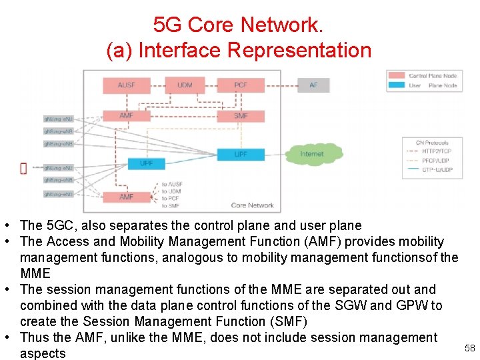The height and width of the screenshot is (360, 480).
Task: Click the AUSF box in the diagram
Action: [127, 85]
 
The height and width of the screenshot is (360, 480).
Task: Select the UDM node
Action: [185, 85]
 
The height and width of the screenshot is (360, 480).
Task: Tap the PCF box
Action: [241, 85]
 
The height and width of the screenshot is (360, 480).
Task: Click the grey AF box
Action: [314, 85]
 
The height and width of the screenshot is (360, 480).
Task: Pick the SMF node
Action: [241, 116]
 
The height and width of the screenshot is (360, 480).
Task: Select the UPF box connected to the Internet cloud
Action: [241, 154]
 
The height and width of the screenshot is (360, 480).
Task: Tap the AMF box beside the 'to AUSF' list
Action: [127, 197]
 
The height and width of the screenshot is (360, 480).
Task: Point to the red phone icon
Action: [24, 168]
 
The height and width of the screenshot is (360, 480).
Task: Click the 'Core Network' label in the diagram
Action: [252, 205]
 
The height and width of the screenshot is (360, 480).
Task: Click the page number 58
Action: [469, 348]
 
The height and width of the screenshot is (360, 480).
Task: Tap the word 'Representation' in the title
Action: [299, 50]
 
